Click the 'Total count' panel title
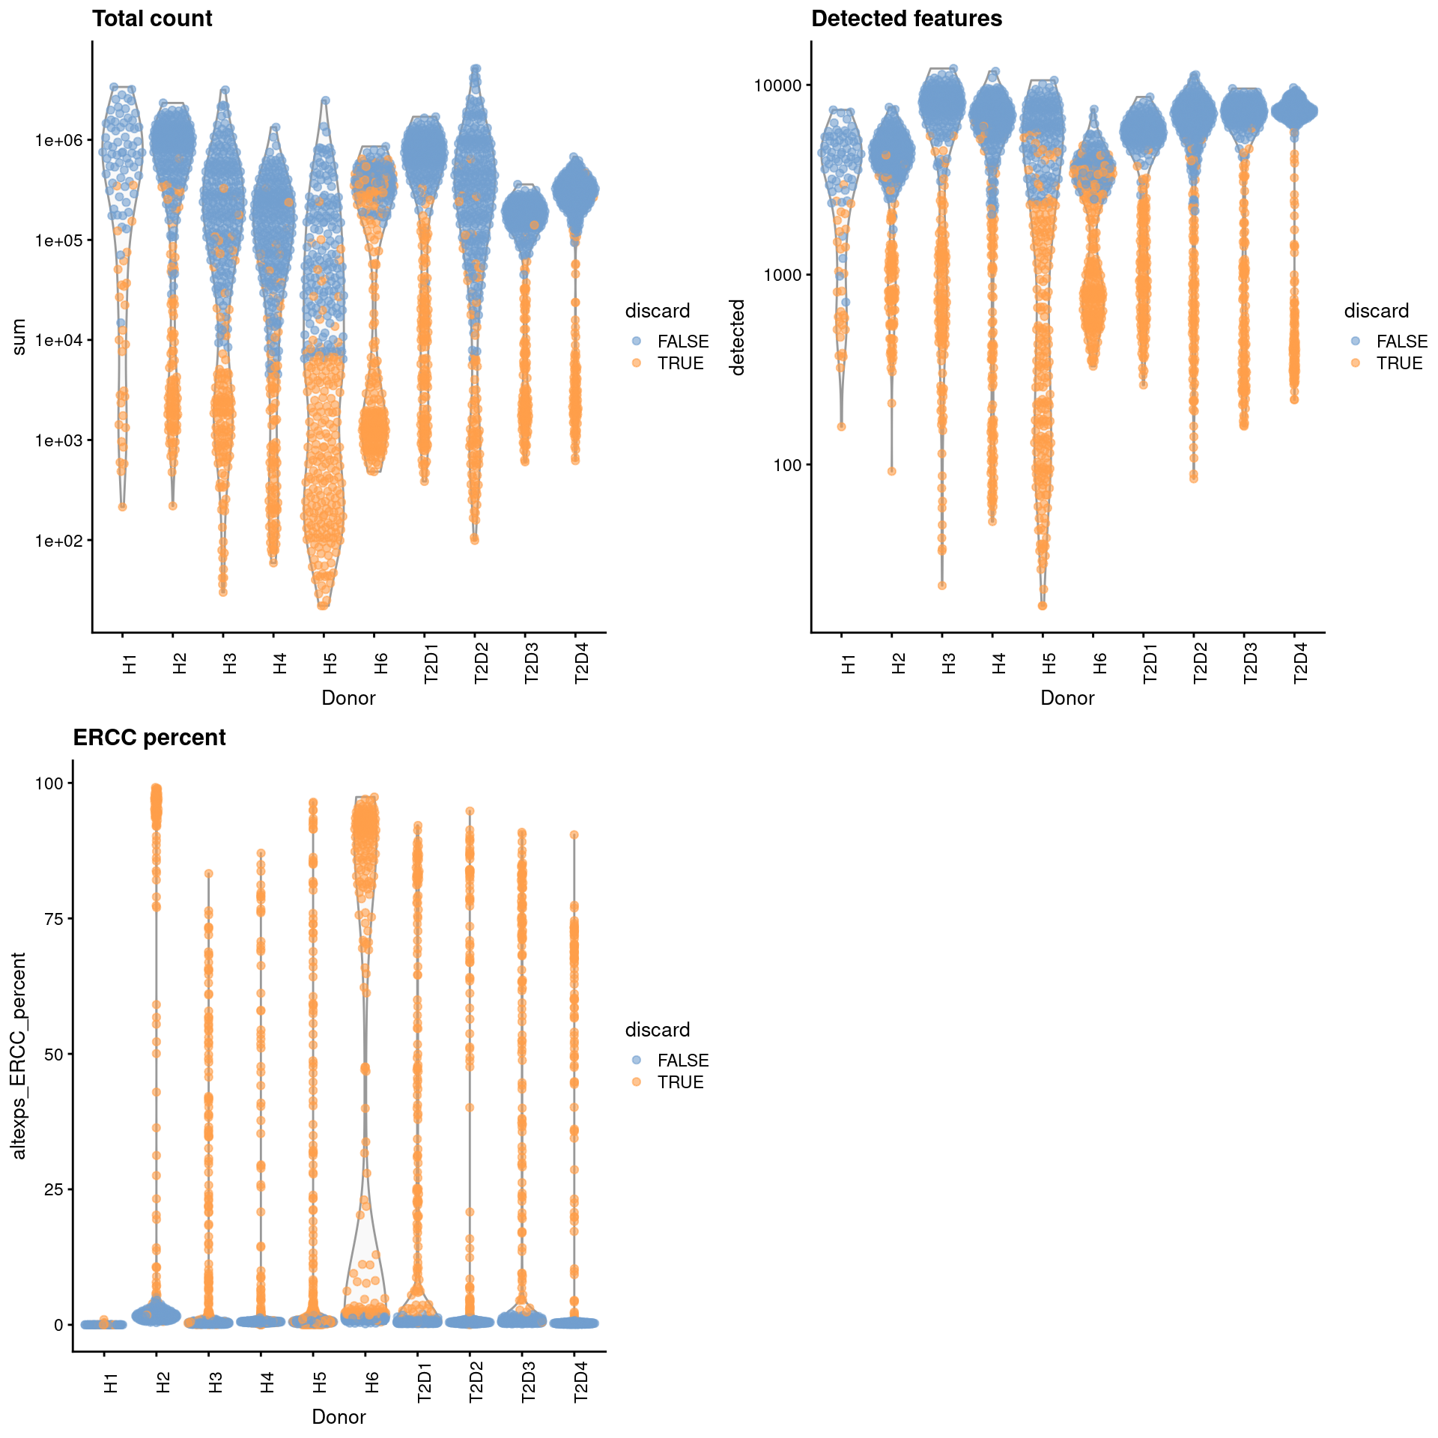click(x=152, y=19)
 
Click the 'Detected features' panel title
click(x=906, y=19)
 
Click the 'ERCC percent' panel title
click(x=149, y=738)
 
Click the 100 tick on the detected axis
click(x=786, y=465)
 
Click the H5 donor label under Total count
click(x=330, y=663)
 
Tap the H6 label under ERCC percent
click(x=372, y=1382)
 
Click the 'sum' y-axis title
click(x=19, y=336)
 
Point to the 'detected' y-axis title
click(x=738, y=337)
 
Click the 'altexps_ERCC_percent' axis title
click(x=19, y=1056)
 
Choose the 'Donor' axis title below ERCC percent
click(x=339, y=1417)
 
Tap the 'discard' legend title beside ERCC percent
click(x=658, y=1030)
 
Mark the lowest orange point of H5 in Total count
click(x=323, y=605)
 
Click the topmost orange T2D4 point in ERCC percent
click(x=574, y=834)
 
